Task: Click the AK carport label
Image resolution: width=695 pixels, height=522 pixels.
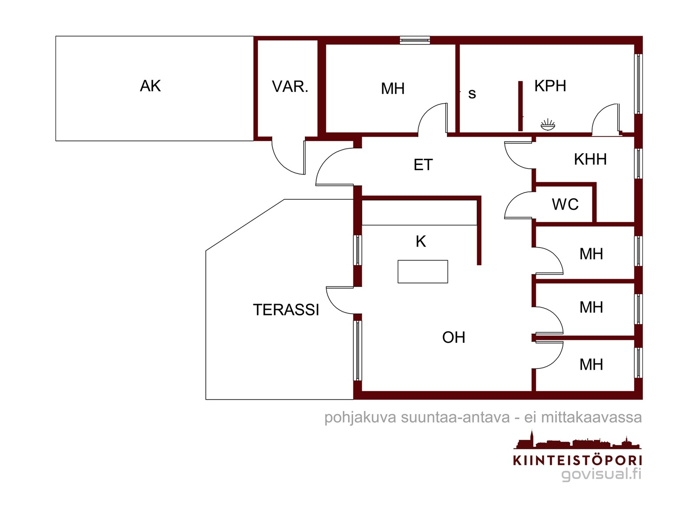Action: (150, 86)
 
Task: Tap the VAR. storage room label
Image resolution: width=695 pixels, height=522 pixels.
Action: (290, 87)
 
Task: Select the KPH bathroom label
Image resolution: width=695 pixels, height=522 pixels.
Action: (550, 86)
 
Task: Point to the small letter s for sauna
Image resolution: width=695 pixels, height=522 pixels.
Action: (472, 94)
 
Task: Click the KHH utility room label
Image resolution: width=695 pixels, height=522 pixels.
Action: (590, 160)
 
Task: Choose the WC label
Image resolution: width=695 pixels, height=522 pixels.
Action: (565, 204)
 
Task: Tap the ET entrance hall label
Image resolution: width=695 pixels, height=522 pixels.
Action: (423, 165)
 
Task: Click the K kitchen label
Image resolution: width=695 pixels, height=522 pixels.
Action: (420, 241)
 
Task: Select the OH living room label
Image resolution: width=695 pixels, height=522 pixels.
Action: (453, 338)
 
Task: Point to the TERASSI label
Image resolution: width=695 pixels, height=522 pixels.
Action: (286, 310)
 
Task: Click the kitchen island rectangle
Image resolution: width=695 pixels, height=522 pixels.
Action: (423, 272)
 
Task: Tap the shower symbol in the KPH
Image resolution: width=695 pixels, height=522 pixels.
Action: (548, 125)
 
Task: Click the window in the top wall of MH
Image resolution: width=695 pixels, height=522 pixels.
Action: (415, 40)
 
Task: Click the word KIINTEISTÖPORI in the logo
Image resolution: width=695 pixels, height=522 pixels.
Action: (577, 460)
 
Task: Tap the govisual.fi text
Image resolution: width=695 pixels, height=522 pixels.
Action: (601, 474)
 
